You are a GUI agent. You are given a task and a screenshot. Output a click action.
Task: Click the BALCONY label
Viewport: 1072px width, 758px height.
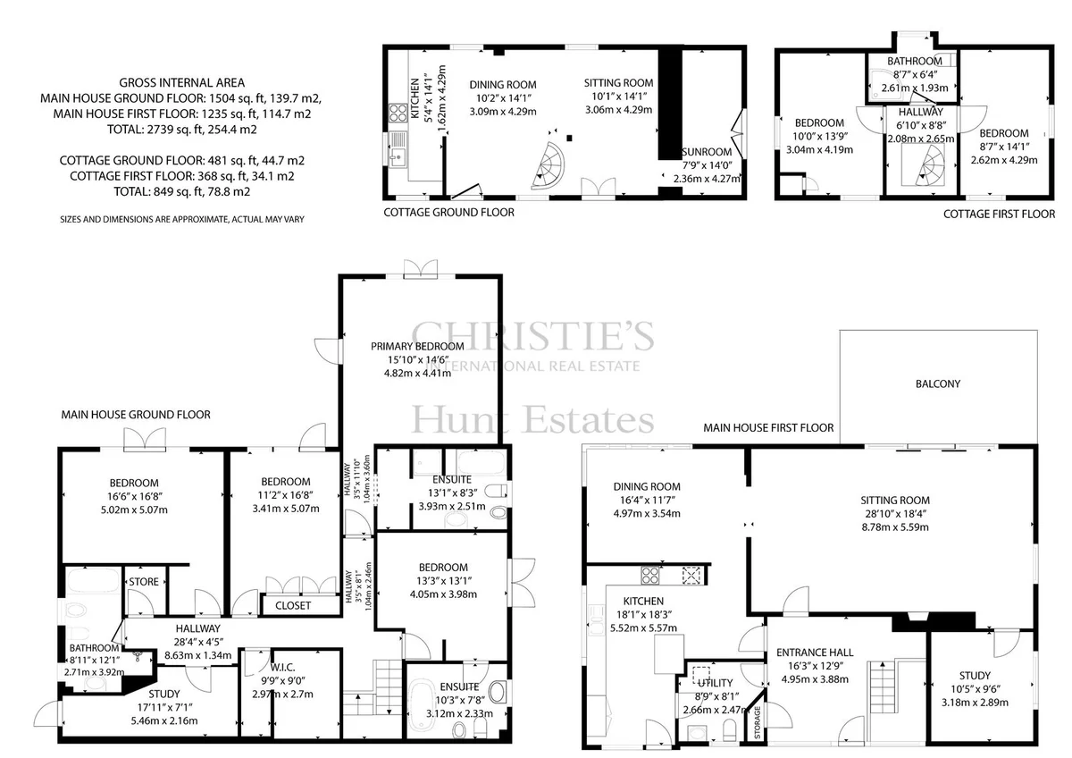937,384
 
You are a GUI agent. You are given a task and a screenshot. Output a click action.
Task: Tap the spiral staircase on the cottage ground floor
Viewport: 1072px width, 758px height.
548,165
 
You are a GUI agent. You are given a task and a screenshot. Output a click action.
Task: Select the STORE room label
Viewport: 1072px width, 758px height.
144,582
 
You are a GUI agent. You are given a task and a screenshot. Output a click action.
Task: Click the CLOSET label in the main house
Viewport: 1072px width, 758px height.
293,606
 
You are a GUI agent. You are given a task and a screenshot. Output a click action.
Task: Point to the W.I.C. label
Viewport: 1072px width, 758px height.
282,667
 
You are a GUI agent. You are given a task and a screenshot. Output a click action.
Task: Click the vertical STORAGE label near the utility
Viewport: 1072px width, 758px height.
758,722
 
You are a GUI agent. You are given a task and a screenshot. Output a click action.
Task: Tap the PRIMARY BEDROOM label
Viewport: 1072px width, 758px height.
417,346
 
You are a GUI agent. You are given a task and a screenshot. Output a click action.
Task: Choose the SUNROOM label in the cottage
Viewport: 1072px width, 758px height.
707,152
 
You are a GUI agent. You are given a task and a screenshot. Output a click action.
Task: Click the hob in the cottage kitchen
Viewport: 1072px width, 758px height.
398,114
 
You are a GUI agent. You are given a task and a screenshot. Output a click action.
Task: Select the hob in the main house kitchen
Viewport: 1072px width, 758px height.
650,575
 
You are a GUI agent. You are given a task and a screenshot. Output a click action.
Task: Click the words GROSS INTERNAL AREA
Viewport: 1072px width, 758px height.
182,83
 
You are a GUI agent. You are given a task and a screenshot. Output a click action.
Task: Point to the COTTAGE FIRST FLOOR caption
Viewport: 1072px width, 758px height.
1000,214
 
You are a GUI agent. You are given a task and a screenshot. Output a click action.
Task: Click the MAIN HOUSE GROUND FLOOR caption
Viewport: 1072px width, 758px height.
136,415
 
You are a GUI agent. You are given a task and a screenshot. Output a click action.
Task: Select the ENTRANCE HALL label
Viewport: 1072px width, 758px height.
815,653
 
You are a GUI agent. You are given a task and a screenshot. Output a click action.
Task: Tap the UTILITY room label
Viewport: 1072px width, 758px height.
715,683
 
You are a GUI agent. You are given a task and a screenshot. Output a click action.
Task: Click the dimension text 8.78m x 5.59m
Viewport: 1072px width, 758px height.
895,527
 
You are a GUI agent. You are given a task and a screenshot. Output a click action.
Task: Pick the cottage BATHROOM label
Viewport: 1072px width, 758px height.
915,62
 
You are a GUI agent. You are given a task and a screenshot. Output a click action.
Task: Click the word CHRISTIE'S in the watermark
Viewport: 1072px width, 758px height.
532,335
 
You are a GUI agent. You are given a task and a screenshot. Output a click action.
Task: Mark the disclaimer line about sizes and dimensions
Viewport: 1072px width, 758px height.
182,220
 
